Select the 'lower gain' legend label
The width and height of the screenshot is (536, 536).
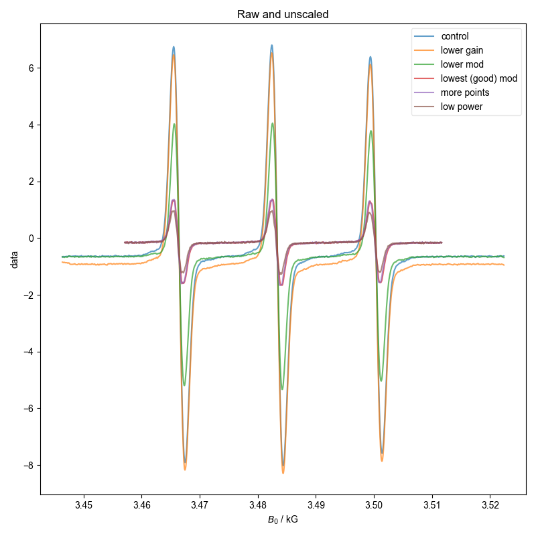point(461,50)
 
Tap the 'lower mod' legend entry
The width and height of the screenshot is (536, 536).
point(460,64)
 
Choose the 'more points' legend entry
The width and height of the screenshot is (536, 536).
point(464,92)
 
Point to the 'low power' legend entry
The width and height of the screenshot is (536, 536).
point(461,107)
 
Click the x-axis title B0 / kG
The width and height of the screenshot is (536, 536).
point(283,520)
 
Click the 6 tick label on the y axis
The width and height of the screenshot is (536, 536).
point(31,68)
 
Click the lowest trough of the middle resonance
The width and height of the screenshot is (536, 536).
point(283,473)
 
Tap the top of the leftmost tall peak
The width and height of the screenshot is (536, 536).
point(174,47)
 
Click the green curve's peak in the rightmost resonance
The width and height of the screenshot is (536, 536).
point(371,131)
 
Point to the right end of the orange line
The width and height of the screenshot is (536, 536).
point(504,265)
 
